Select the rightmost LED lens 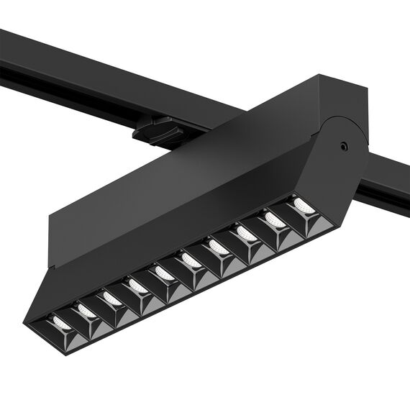[x=301, y=206]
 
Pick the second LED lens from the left [x=86, y=311]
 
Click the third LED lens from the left [x=110, y=298]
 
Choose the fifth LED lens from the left [x=163, y=273]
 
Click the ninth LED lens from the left [x=273, y=219]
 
